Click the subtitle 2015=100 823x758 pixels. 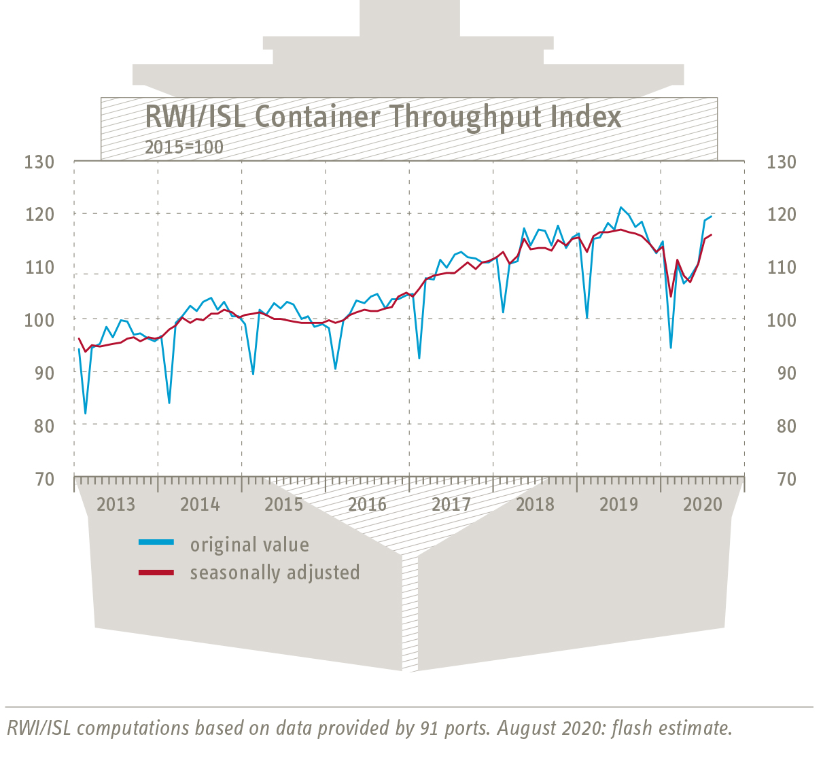pyautogui.click(x=183, y=147)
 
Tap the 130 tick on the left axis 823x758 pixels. pyautogui.click(x=39, y=162)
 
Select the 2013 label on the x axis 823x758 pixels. pyautogui.click(x=116, y=505)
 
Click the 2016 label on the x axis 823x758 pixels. pyautogui.click(x=367, y=505)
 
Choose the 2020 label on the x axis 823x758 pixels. pyautogui.click(x=702, y=505)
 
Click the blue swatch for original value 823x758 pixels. pyautogui.click(x=156, y=543)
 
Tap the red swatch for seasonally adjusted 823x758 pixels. pyautogui.click(x=156, y=573)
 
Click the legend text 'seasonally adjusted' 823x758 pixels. pyautogui.click(x=275, y=573)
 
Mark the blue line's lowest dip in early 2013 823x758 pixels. pyautogui.click(x=85, y=413)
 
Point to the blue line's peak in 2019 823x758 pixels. pyautogui.click(x=620, y=207)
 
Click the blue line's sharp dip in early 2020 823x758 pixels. pyautogui.click(x=671, y=348)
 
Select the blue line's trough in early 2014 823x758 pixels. pyautogui.click(x=169, y=403)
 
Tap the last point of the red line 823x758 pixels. pyautogui.click(x=711, y=235)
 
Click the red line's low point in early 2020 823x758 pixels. pyautogui.click(x=671, y=296)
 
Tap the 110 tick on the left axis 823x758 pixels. pyautogui.click(x=39, y=268)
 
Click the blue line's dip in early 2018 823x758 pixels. pyautogui.click(x=503, y=312)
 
